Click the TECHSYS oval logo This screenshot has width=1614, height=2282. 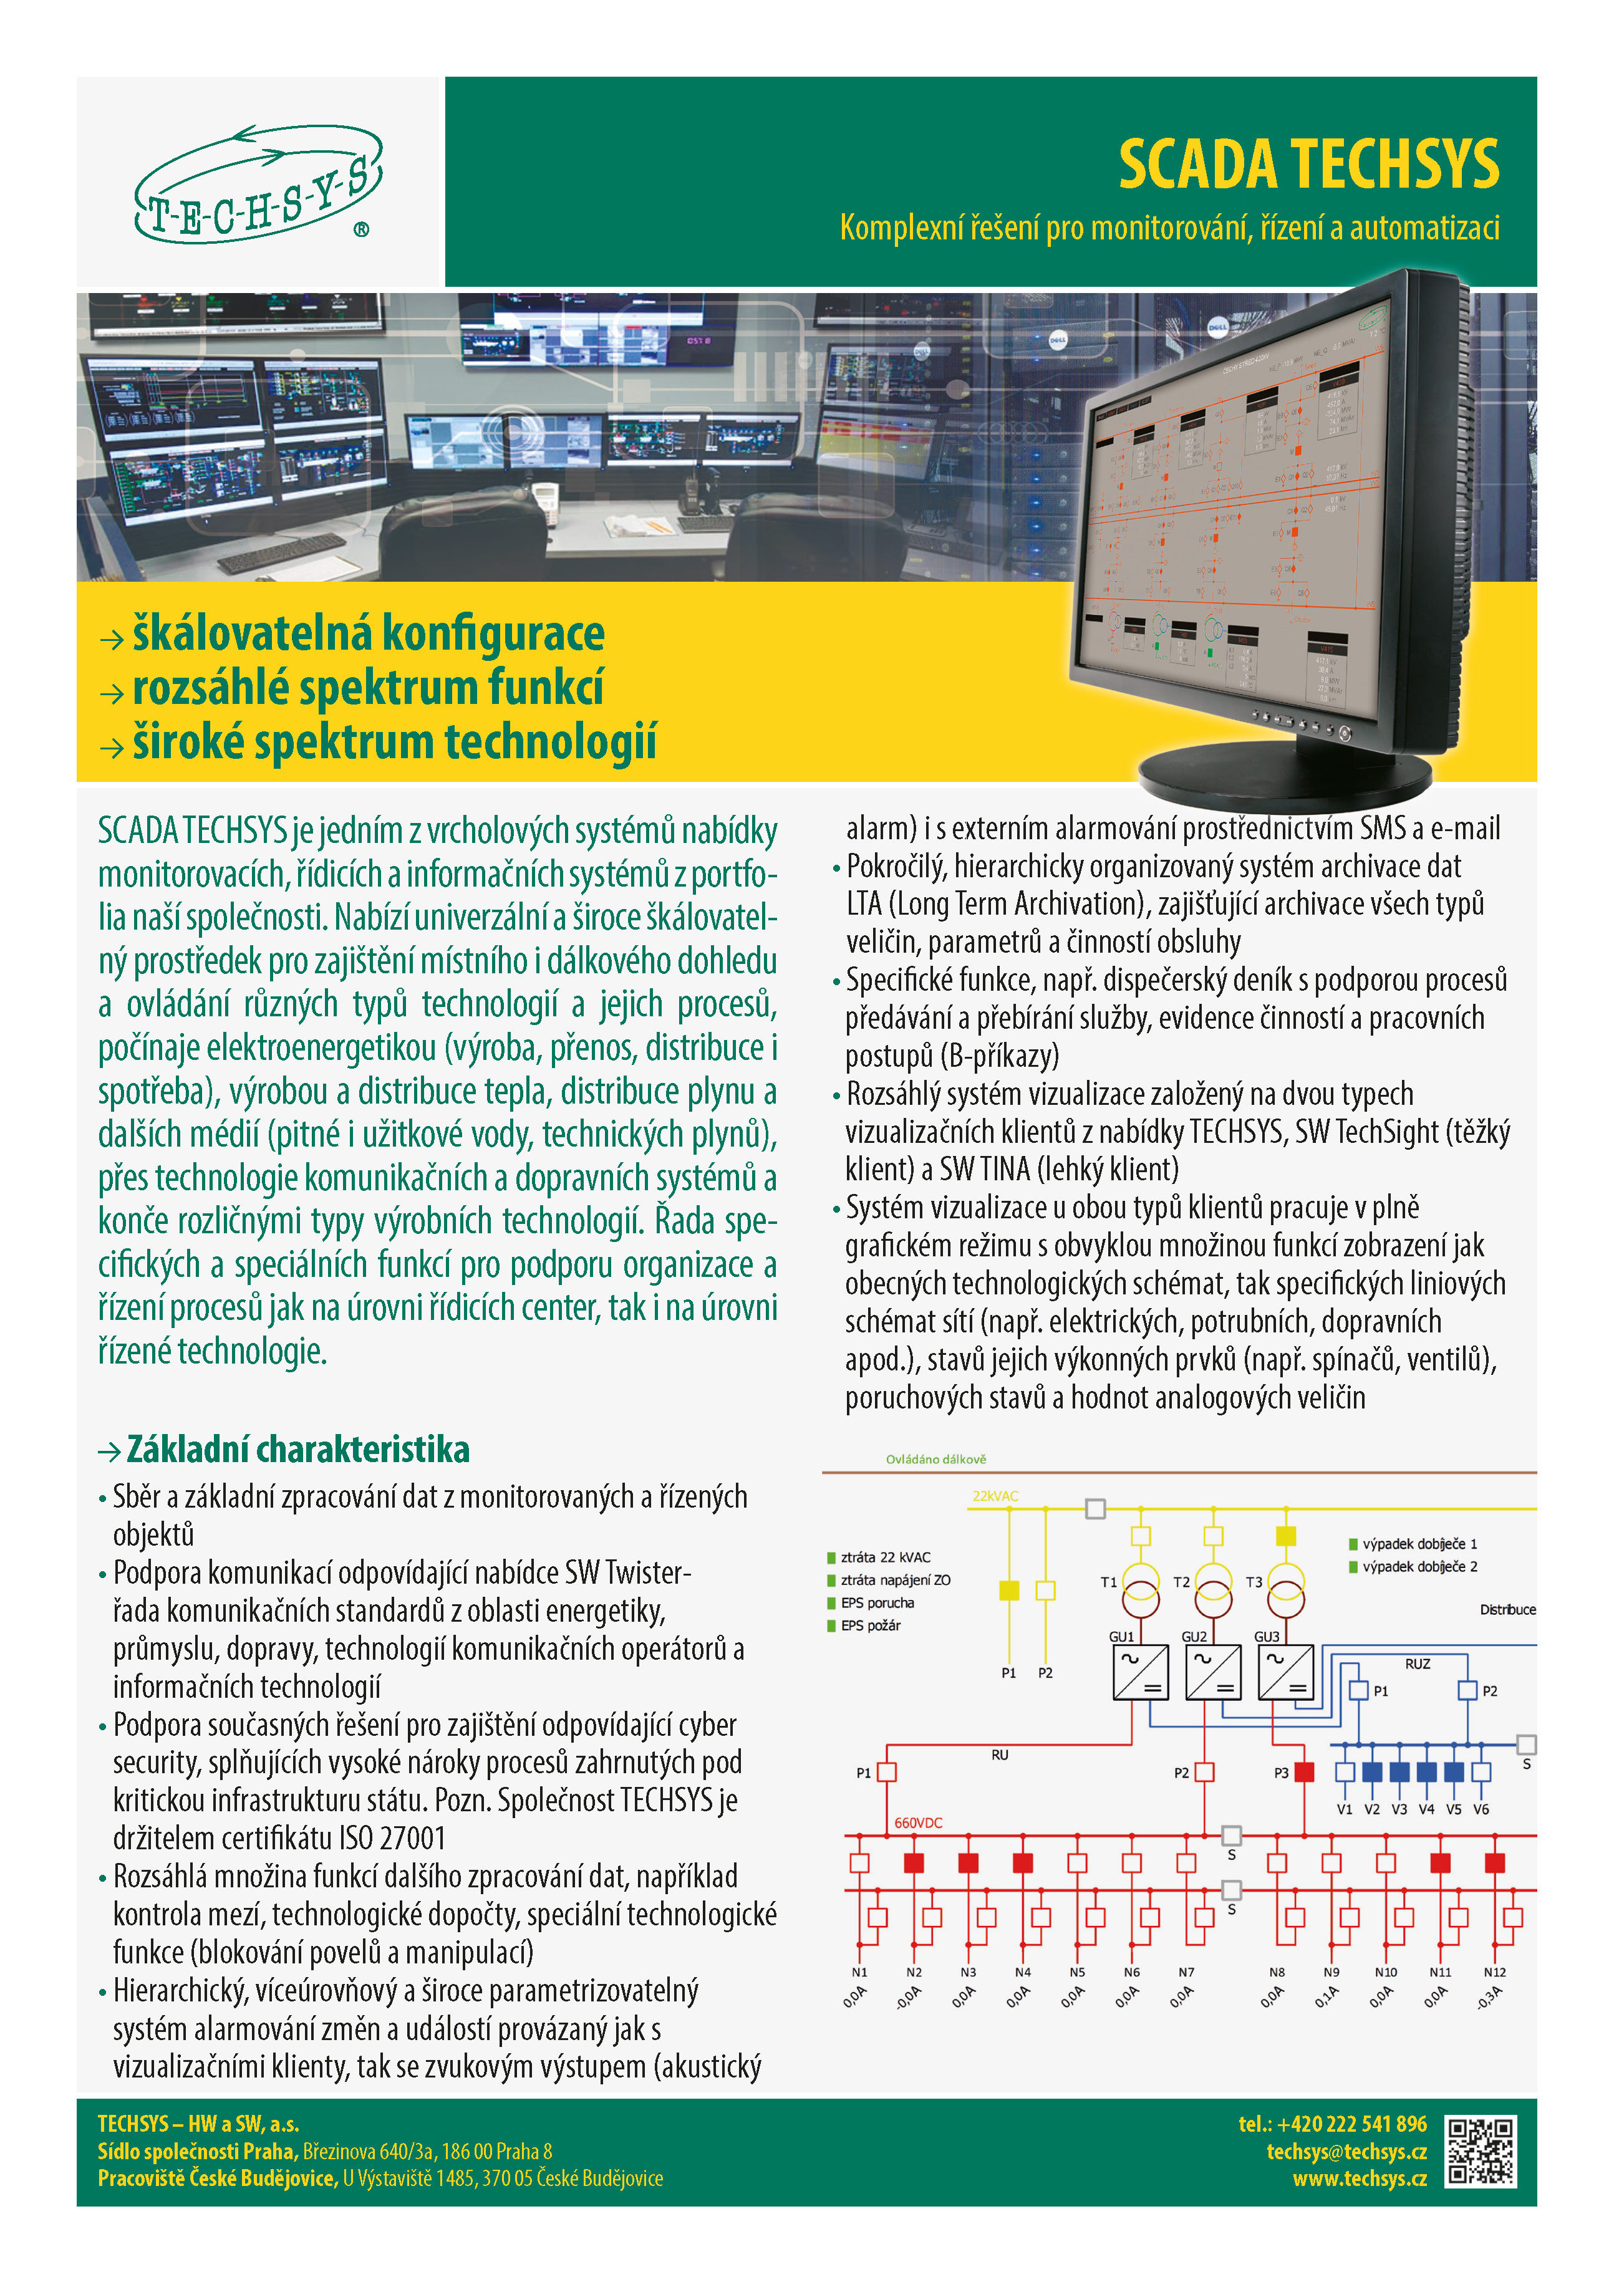[x=258, y=185]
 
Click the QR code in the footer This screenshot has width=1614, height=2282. [x=1480, y=2152]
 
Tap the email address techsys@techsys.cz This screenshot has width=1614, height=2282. [x=1346, y=2151]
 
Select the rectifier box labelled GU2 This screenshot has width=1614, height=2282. [x=1212, y=1673]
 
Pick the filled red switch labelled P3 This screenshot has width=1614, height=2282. [x=1304, y=1771]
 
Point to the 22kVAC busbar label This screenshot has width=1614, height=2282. [x=995, y=1496]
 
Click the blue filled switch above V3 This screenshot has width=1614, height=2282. [x=1399, y=1771]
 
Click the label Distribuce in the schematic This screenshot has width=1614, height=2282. [x=1507, y=1609]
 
